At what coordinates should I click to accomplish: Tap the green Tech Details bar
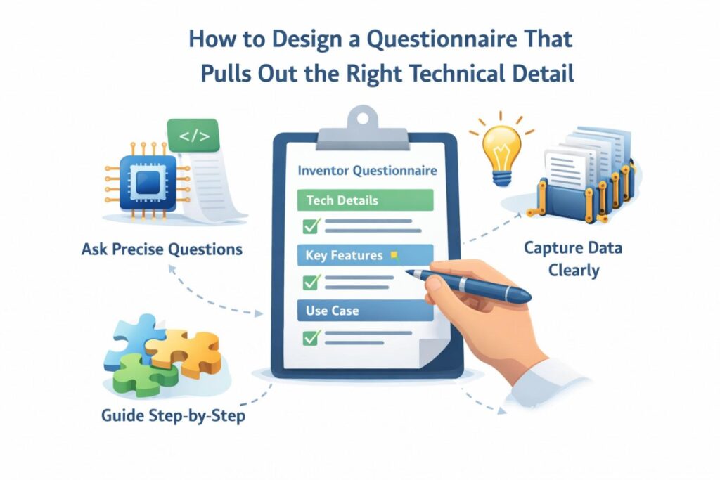365,200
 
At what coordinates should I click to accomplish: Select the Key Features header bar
365,255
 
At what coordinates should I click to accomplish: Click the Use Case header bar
365,311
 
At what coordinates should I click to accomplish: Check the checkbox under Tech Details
311,226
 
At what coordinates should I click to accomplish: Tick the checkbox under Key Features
311,282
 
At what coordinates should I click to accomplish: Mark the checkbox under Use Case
311,338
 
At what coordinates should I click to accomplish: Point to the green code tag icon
193,136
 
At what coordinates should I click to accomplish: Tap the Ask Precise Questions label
162,249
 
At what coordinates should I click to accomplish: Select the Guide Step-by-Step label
173,416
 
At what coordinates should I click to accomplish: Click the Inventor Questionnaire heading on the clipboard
367,171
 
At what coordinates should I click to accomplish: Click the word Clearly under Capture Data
574,270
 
